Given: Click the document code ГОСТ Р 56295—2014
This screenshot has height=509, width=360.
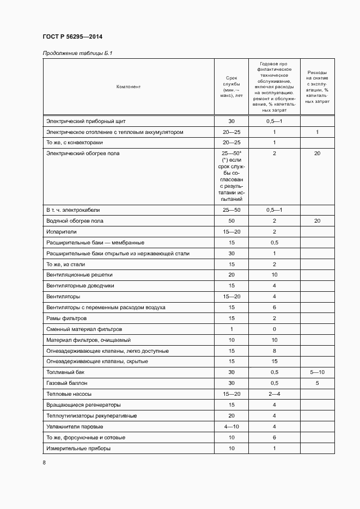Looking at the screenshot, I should [x=72, y=37].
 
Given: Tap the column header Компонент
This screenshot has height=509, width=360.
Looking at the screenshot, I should [x=129, y=87].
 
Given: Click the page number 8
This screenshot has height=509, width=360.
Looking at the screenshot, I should [x=44, y=463].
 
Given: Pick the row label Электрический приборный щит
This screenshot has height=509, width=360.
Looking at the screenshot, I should [x=86, y=121].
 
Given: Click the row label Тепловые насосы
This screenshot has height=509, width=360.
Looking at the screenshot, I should [x=69, y=394].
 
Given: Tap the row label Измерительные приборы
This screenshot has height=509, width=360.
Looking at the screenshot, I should [x=78, y=448].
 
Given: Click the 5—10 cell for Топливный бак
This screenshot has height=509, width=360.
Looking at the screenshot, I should [x=317, y=372].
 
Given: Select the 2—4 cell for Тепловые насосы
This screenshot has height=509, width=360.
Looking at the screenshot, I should [x=274, y=394].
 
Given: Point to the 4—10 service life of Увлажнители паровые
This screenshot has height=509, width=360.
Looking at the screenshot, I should [x=231, y=426].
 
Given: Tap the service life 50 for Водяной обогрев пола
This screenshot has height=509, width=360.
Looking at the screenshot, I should [x=231, y=221].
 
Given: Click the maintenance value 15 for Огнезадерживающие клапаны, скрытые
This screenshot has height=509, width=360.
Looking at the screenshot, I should [x=274, y=361].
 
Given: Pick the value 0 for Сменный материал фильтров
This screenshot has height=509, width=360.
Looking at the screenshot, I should [x=274, y=329].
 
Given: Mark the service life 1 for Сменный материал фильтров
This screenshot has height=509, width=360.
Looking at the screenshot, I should [x=231, y=329].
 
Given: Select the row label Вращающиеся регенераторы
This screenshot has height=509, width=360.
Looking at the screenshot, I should [x=83, y=405].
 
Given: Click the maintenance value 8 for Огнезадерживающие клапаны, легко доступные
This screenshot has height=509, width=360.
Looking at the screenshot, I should [x=274, y=351].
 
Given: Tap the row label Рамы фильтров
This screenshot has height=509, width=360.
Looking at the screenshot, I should [x=66, y=318].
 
